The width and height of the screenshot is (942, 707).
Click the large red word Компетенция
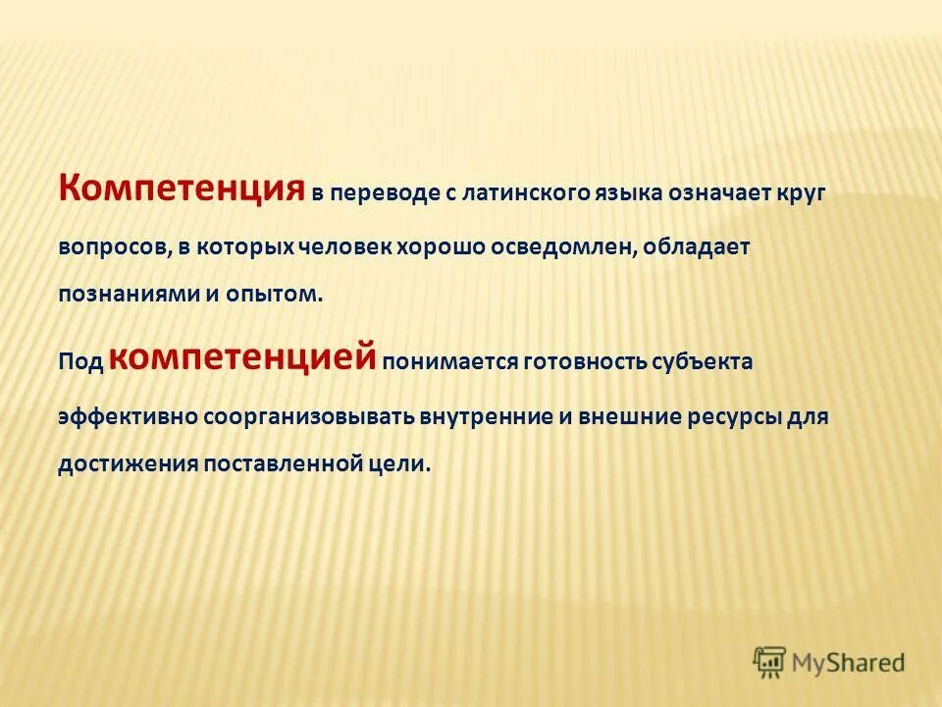click(x=182, y=187)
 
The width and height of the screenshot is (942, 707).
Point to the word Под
click(x=79, y=361)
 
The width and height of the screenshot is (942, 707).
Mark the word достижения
click(x=127, y=463)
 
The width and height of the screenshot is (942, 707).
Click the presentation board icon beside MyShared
click(x=769, y=662)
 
